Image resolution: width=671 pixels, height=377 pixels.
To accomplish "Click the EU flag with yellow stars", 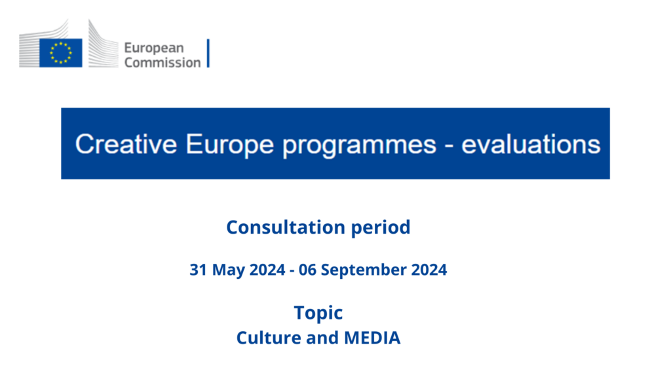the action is [x=61, y=53].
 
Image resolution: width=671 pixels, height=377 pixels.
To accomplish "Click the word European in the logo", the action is [x=154, y=48].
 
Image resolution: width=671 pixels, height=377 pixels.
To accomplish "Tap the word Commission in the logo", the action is [x=163, y=62].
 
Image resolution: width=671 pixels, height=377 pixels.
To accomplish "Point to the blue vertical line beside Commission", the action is [x=208, y=53].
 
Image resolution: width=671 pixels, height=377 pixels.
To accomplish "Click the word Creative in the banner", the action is [x=126, y=143].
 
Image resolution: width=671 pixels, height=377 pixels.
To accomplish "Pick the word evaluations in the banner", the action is [x=531, y=143].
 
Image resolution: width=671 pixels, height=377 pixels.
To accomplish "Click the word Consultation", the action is [x=286, y=227].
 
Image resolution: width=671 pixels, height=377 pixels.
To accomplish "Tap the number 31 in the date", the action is [x=199, y=270].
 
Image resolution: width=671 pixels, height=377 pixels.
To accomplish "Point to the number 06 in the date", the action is [x=307, y=270].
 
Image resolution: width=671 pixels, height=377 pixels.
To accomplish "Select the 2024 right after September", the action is [x=429, y=270].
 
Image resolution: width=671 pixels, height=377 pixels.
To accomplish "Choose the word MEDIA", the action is [x=372, y=338].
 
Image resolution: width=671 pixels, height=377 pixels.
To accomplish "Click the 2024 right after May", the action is [x=267, y=270].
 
